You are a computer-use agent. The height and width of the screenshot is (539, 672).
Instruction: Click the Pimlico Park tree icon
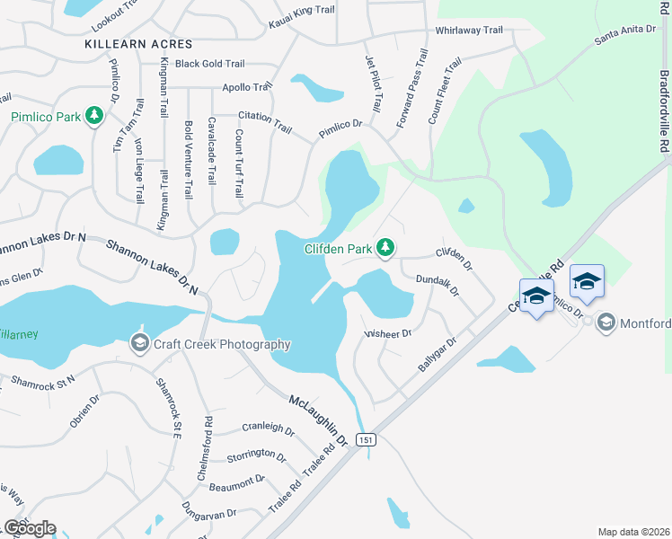(x=94, y=116)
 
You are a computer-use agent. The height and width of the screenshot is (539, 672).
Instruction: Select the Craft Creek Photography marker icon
(x=139, y=342)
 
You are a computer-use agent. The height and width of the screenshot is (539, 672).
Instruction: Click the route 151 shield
(x=365, y=440)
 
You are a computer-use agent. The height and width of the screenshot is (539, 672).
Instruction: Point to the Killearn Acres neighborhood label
(x=138, y=43)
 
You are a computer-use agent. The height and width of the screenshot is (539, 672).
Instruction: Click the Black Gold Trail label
(x=210, y=64)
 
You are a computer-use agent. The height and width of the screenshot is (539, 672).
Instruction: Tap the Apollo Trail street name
(x=247, y=87)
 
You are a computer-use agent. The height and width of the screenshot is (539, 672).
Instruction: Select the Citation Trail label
(x=265, y=122)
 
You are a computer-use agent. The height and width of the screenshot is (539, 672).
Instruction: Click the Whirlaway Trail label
(x=469, y=30)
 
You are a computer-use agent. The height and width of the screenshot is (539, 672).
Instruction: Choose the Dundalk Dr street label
(x=438, y=286)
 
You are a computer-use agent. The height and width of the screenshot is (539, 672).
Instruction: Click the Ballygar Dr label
(x=438, y=357)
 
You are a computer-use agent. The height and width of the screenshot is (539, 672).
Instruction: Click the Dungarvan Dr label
(x=207, y=516)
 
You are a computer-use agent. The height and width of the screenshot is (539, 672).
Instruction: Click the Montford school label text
(x=644, y=323)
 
